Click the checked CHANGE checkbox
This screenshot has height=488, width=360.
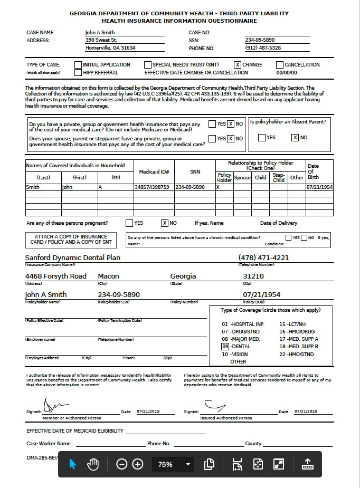tap(238, 65)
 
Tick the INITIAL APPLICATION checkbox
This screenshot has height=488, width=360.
tap(78, 65)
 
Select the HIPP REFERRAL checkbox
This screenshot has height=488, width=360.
tap(78, 72)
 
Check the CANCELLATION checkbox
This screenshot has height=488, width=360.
tap(280, 65)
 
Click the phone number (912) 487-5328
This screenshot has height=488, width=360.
tap(263, 48)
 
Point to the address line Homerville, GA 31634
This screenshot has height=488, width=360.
tap(110, 48)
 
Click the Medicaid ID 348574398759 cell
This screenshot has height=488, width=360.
tap(152, 187)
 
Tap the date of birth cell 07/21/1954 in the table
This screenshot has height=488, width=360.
tap(319, 187)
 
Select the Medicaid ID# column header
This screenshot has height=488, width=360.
tap(154, 172)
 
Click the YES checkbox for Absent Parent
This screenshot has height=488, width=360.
tap(261, 138)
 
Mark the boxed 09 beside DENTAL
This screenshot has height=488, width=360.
tap(225, 347)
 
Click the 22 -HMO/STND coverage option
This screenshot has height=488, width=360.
tap(297, 355)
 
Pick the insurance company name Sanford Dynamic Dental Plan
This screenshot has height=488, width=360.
tap(73, 258)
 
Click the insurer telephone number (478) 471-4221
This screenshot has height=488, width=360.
tap(263, 258)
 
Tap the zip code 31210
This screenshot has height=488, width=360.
tap(253, 276)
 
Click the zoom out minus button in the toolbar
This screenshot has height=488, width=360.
tap(122, 464)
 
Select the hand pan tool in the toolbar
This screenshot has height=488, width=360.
tap(93, 464)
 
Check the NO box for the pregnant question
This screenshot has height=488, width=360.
tap(165, 223)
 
